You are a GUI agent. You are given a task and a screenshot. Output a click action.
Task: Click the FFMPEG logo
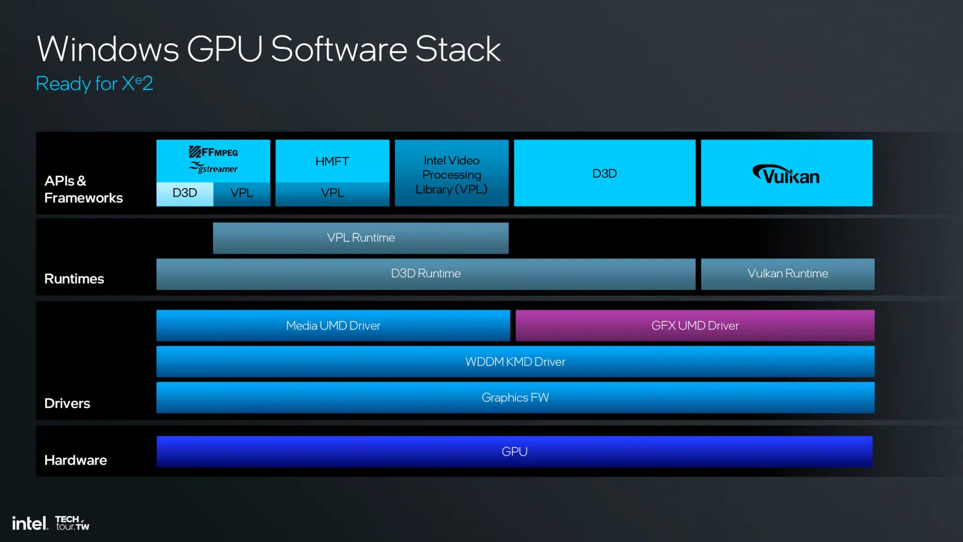(213, 152)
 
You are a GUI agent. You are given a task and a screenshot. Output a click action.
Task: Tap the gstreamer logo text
(213, 168)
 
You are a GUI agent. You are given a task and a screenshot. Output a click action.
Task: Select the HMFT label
(332, 161)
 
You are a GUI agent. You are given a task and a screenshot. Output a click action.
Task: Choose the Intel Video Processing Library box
(451, 173)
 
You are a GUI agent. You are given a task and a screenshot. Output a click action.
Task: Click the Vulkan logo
(786, 174)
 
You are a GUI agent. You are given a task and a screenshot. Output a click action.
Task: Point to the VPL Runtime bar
(361, 238)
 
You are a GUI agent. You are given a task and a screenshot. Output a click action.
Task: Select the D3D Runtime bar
(426, 274)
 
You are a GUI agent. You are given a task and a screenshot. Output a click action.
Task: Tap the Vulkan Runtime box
(788, 274)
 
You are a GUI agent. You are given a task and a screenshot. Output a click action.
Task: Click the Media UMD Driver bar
(333, 326)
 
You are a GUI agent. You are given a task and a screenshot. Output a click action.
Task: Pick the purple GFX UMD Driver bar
(695, 326)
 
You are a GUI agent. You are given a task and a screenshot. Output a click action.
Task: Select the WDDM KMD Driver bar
(515, 361)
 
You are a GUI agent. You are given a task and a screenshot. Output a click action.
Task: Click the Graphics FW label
(515, 398)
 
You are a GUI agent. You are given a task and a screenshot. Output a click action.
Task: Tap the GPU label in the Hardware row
(514, 452)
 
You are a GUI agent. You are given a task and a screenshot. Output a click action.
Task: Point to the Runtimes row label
(74, 279)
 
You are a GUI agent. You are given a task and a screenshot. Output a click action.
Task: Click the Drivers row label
(67, 403)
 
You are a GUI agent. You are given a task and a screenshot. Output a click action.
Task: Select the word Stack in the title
(458, 49)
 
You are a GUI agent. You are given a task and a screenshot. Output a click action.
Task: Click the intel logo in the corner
(30, 523)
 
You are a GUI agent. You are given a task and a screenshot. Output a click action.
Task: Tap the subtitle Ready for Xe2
(95, 84)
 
